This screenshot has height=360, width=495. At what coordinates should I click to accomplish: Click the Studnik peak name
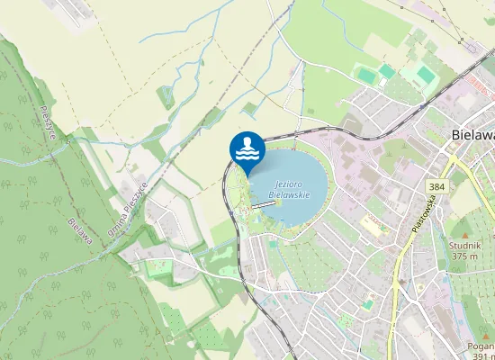[464, 245]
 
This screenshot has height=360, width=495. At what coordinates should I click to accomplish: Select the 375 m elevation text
[464, 256]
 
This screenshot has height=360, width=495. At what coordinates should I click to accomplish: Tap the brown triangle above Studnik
[464, 233]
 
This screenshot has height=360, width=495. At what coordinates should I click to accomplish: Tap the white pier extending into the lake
[262, 205]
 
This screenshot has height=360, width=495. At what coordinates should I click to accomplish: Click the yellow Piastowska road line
[397, 270]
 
